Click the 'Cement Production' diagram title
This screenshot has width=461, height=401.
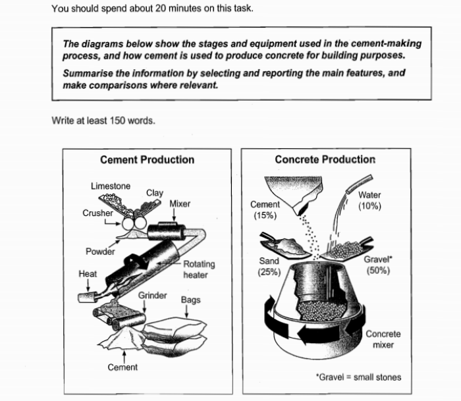[147, 159]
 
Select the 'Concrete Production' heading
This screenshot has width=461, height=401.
[325, 159]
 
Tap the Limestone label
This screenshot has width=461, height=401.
[110, 186]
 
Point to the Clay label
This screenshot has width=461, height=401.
[154, 193]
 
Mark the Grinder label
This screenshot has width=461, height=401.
[152, 296]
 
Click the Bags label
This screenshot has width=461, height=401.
[190, 300]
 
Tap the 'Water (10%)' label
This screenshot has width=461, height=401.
[369, 200]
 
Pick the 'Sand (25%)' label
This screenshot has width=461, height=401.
[269, 266]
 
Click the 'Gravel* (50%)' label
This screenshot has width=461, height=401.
[377, 265]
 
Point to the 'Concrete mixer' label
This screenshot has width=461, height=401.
[383, 339]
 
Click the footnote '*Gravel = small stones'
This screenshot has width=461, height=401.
[358, 377]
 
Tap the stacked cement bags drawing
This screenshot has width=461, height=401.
[176, 332]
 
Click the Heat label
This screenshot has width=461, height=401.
[88, 273]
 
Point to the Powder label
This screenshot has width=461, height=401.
[99, 252]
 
